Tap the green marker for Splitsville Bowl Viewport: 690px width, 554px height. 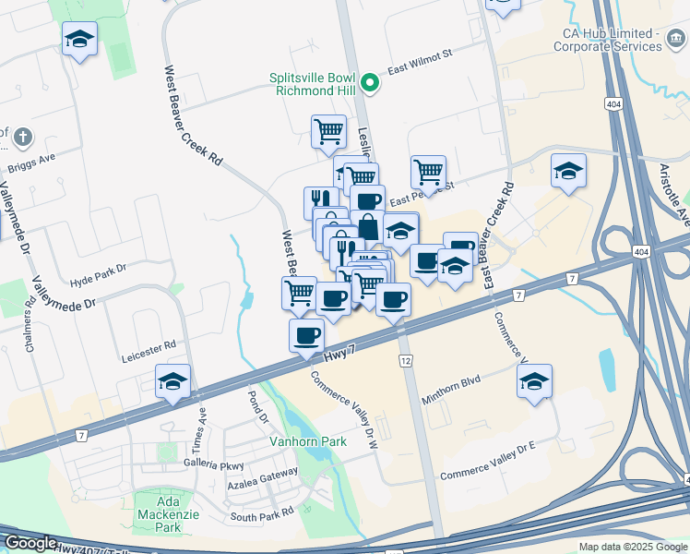click(x=370, y=84)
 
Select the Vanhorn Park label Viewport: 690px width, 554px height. click(x=308, y=441)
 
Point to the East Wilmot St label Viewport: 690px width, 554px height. click(x=420, y=63)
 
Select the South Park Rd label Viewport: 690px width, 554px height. click(x=261, y=513)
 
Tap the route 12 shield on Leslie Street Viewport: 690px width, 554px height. click(x=405, y=358)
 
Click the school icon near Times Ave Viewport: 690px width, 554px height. click(x=172, y=380)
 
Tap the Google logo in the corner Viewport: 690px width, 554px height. click(x=31, y=543)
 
